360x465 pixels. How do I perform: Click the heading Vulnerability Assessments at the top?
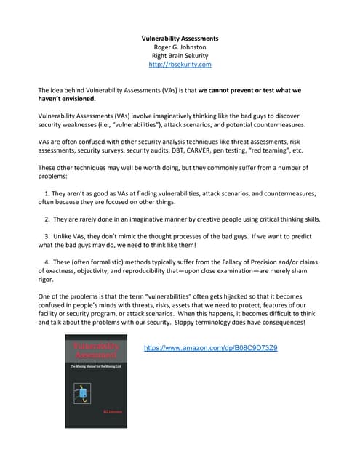180,38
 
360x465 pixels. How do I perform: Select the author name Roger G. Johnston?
180,47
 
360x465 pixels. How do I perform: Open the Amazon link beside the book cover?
210,348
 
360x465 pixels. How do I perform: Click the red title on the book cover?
95,351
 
